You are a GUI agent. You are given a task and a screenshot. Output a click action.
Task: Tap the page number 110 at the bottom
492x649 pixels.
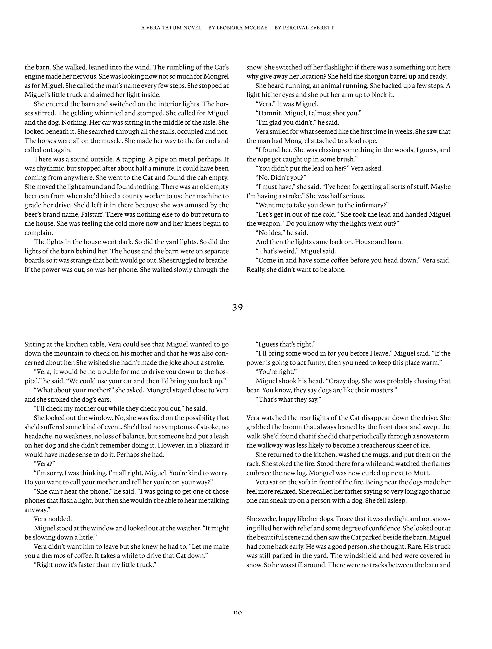[237, 612]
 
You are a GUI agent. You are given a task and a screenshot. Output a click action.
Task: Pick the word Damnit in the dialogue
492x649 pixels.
[270, 113]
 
